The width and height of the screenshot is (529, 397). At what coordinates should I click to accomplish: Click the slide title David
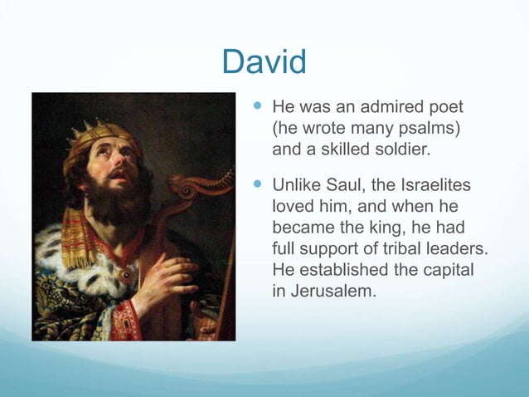tap(264, 61)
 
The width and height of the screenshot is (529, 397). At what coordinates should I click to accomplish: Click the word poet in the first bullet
tap(444, 108)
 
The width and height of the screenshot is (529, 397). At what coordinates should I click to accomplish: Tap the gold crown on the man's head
tap(95, 133)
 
